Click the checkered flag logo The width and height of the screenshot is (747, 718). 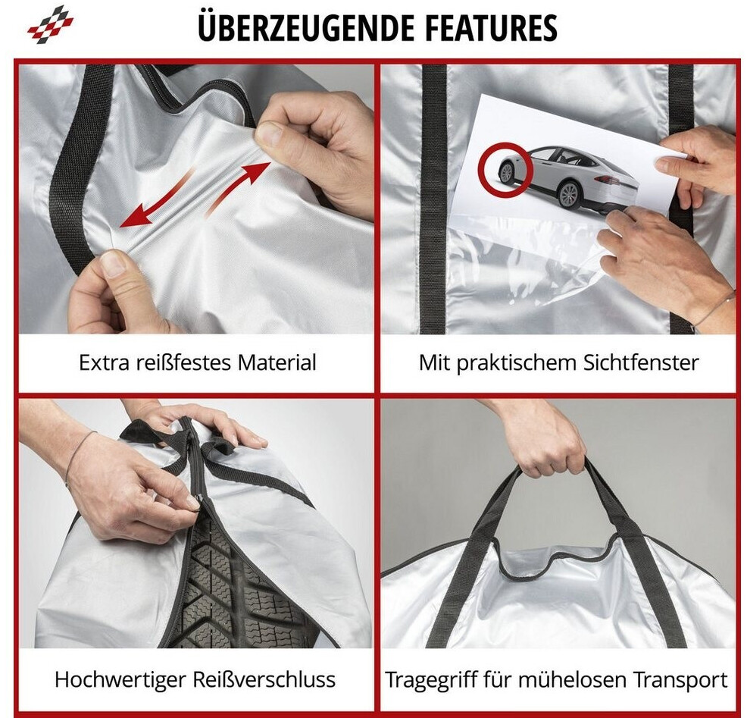point(51,25)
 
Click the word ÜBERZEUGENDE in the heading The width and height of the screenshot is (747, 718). point(306,27)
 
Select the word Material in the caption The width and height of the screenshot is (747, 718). point(277,363)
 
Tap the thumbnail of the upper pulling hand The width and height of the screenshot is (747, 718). point(270,134)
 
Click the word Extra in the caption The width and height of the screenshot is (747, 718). point(103,363)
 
